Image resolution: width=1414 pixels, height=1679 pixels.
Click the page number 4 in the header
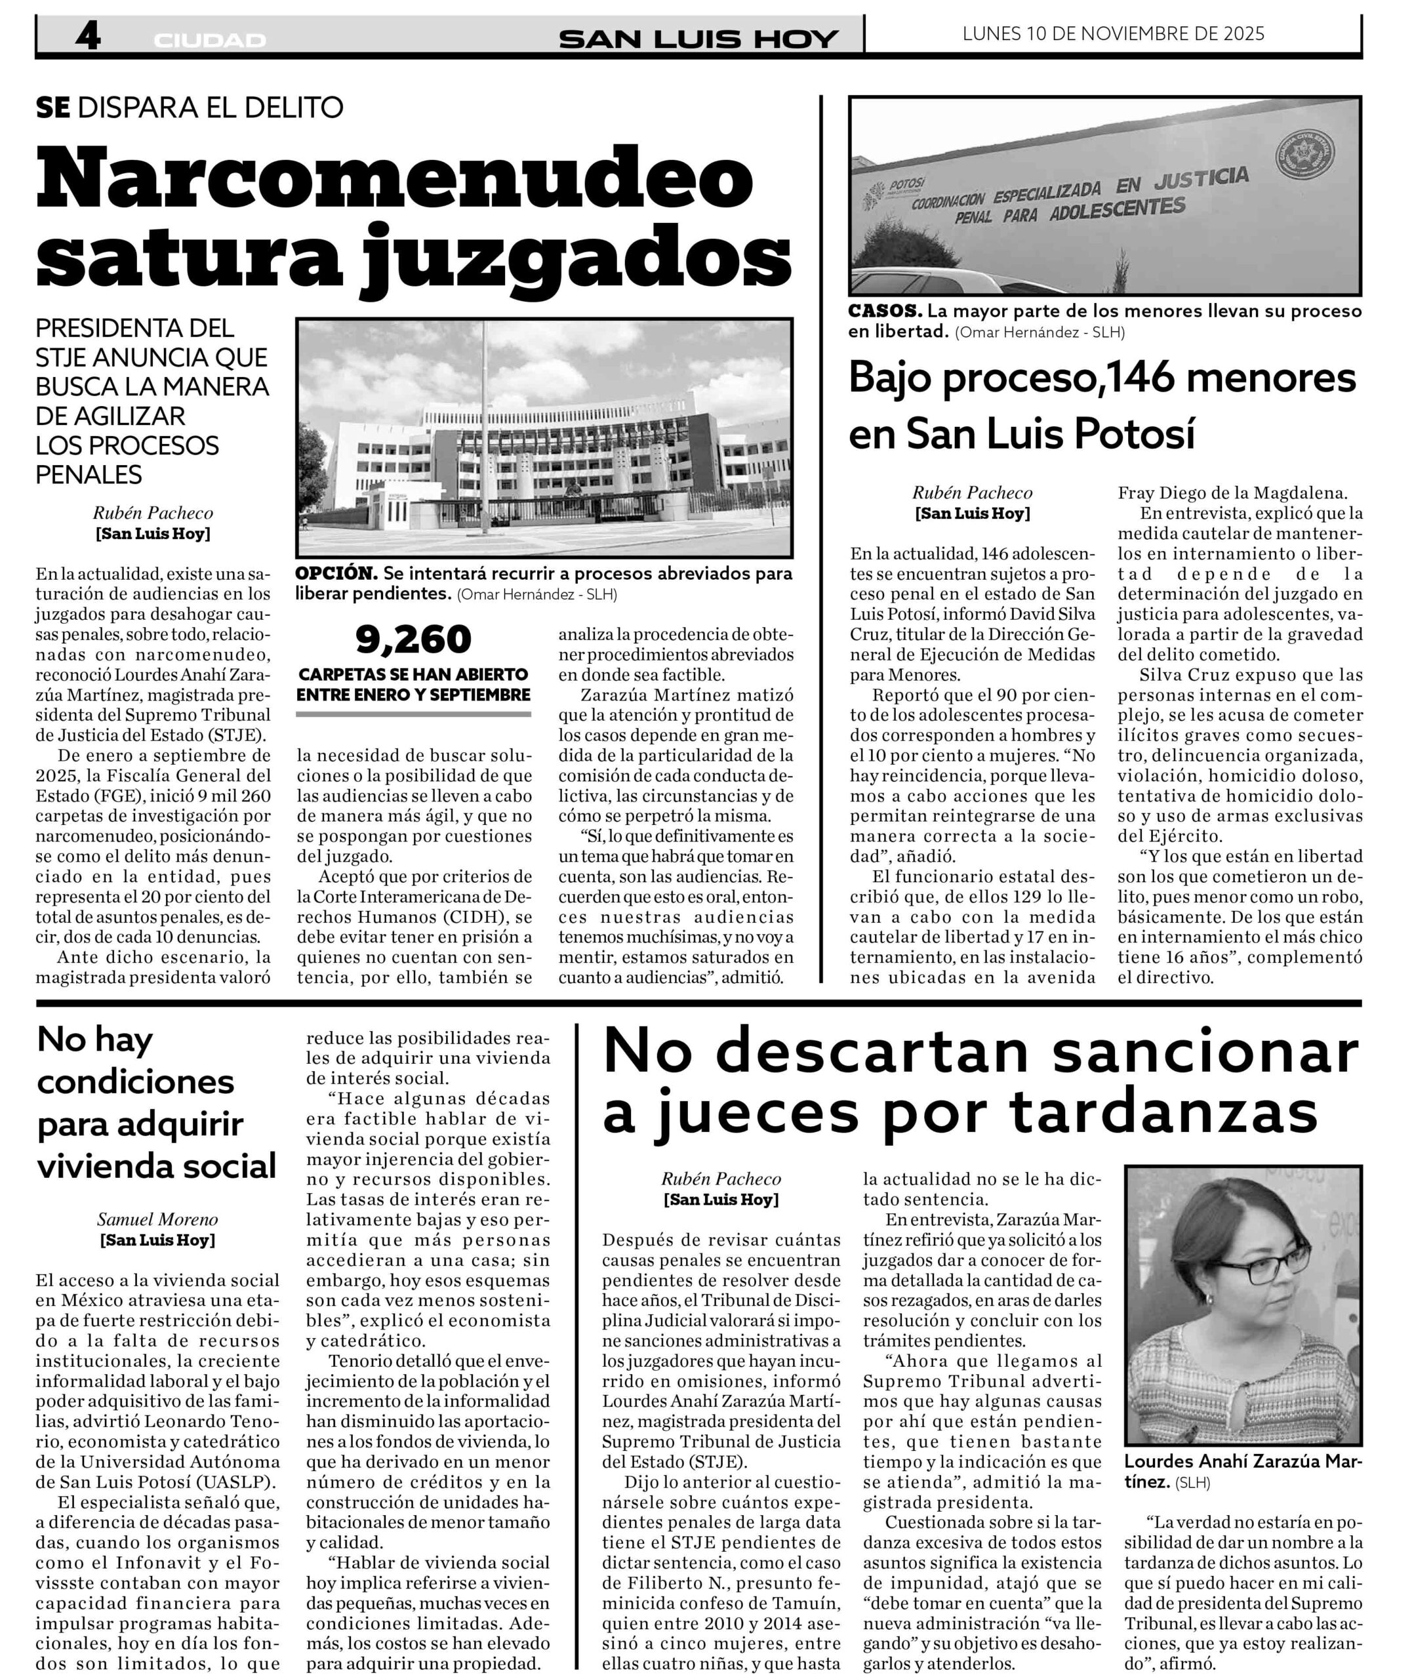(x=87, y=37)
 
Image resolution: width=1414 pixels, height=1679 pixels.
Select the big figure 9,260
(x=414, y=639)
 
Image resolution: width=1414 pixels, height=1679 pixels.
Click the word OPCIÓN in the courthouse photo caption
(x=336, y=574)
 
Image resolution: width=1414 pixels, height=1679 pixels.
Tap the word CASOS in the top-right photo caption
(x=885, y=311)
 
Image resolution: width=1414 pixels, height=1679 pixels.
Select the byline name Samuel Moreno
(x=157, y=1219)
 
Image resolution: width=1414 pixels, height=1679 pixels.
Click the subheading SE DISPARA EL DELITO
(x=190, y=108)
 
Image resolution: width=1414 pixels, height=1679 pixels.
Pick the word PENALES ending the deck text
(x=89, y=474)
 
